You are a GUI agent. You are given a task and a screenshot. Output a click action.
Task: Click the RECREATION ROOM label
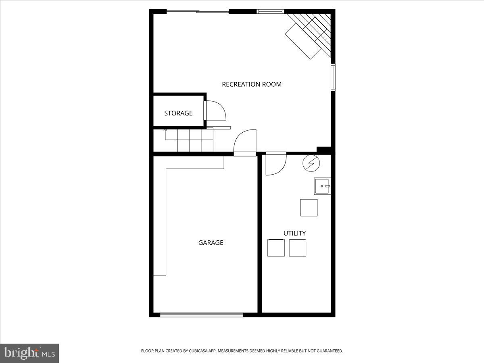coord(252,84)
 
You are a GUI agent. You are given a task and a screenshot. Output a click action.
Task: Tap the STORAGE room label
coord(178,113)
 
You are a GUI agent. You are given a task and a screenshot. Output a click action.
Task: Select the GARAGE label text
coord(211,243)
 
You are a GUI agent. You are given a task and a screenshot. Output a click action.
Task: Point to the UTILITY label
coord(294,233)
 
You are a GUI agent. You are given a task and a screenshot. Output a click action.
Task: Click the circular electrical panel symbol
coord(311,163)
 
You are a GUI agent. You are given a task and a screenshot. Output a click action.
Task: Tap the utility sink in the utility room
coord(322,186)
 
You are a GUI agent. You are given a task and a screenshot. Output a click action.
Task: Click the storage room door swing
coord(216,111)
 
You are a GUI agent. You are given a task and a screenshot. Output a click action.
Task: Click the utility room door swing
coord(275,165)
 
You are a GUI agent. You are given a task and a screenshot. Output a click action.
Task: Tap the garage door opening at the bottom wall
coord(202,315)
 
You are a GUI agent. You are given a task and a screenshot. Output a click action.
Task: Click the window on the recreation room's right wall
coord(333,77)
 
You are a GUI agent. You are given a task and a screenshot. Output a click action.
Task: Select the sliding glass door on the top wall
coord(198,11)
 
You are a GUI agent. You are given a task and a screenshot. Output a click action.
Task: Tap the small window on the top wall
coord(270,11)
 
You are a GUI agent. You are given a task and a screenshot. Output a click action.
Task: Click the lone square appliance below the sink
coord(309,207)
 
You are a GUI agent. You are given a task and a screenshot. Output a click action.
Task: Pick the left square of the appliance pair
coord(276,248)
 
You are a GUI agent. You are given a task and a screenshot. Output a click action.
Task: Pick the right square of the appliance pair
coord(297,248)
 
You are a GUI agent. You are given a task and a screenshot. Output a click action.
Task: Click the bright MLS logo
coord(29,353)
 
